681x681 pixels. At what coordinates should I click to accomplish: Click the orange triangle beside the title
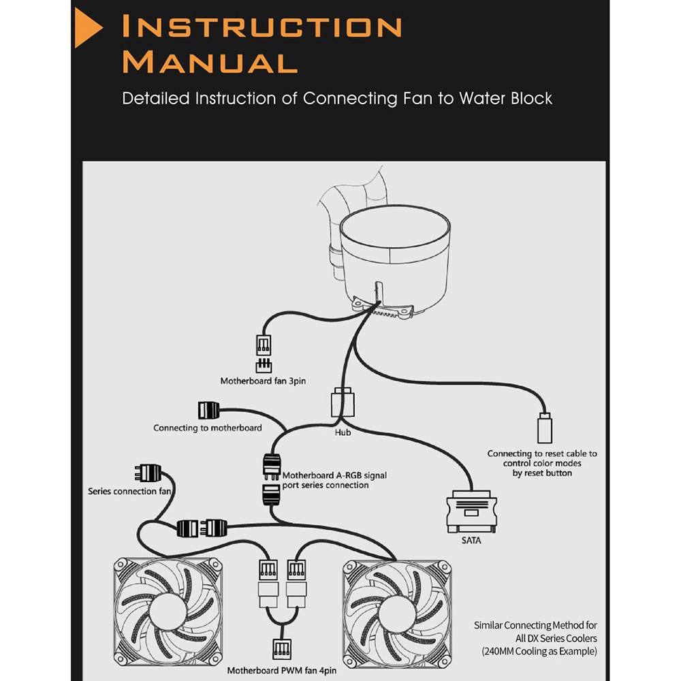point(86,29)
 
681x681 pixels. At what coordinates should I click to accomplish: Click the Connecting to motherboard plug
point(208,411)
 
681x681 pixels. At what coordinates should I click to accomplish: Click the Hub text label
point(343,432)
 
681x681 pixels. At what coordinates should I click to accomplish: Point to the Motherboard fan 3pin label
point(263,381)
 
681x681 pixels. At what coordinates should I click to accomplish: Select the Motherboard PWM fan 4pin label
point(279,670)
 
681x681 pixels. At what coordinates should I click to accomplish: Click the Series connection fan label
point(129,491)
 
